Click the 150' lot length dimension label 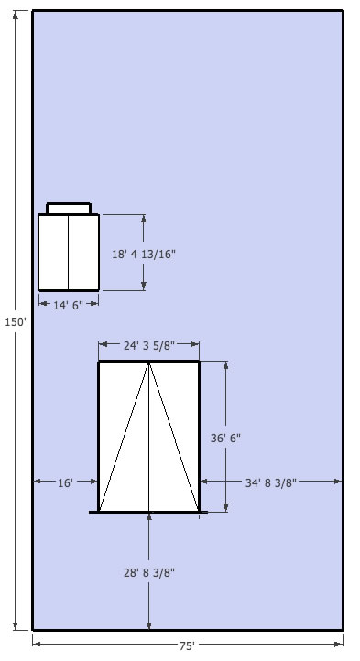(x=16, y=322)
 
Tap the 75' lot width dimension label (x=187, y=645)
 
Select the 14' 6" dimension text (x=69, y=305)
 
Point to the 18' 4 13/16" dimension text (x=144, y=255)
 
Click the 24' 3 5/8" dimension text (x=149, y=346)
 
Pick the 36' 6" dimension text (x=225, y=438)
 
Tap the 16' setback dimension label (x=65, y=482)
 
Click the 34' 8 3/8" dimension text (x=271, y=482)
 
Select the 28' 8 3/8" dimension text (x=149, y=572)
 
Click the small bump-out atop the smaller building (x=69, y=209)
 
